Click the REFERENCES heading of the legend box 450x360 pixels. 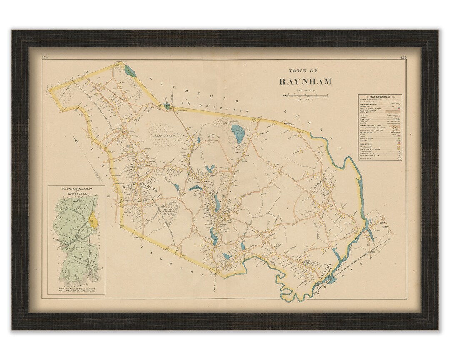point(380,97)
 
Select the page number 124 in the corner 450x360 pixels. point(45,57)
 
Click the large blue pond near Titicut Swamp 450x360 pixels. point(238,134)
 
